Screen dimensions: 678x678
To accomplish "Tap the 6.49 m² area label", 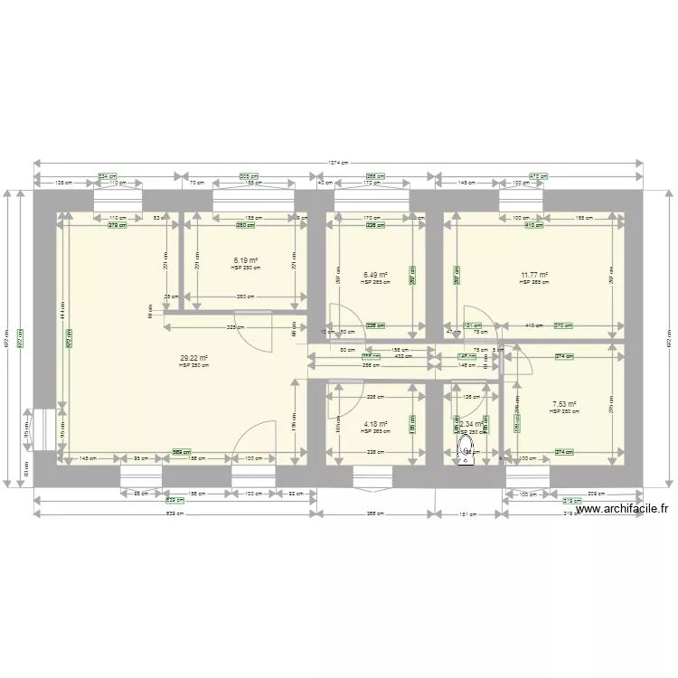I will (x=375, y=275).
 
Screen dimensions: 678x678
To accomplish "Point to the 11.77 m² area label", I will (x=534, y=275).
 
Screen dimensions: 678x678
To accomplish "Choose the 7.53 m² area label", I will (x=564, y=404).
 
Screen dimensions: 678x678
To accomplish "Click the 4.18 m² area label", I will (x=375, y=423).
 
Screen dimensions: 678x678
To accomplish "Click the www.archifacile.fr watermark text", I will (x=624, y=510).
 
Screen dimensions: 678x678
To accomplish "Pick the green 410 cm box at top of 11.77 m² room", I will (x=535, y=225).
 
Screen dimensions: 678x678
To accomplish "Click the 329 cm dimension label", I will (x=231, y=326).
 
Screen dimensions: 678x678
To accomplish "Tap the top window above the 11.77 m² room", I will (x=522, y=199).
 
